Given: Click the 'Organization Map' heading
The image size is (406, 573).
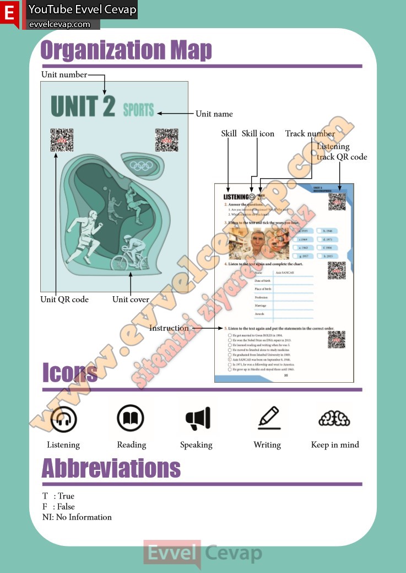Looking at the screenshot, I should tap(126, 50).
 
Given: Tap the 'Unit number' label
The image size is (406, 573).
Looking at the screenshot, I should tap(64, 74).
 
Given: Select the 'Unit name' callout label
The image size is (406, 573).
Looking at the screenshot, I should tap(214, 114).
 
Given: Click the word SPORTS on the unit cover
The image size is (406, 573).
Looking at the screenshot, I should tap(138, 109).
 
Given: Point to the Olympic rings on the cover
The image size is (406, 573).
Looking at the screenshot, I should tap(143, 165).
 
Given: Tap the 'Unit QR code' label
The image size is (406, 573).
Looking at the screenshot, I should tap(64, 299).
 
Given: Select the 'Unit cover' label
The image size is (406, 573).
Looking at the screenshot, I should tap(131, 299).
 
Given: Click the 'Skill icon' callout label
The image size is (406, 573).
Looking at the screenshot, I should tap(258, 133).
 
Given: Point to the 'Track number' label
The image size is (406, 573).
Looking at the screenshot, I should tap(310, 133).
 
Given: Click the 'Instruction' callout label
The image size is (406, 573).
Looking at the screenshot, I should tap(169, 328).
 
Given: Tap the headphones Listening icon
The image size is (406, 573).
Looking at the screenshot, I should tap(63, 419).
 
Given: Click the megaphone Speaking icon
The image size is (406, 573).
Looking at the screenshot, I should tap(197, 419).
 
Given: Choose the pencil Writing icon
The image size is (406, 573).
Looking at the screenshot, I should tap(268, 417).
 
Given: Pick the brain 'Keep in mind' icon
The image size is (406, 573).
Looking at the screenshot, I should tap(334, 419).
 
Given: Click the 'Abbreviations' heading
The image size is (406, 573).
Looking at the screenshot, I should tap(111, 468).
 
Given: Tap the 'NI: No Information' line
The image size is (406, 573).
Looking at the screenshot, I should tap(77, 517).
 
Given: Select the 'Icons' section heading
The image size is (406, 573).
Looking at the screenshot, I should tap(70, 373).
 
